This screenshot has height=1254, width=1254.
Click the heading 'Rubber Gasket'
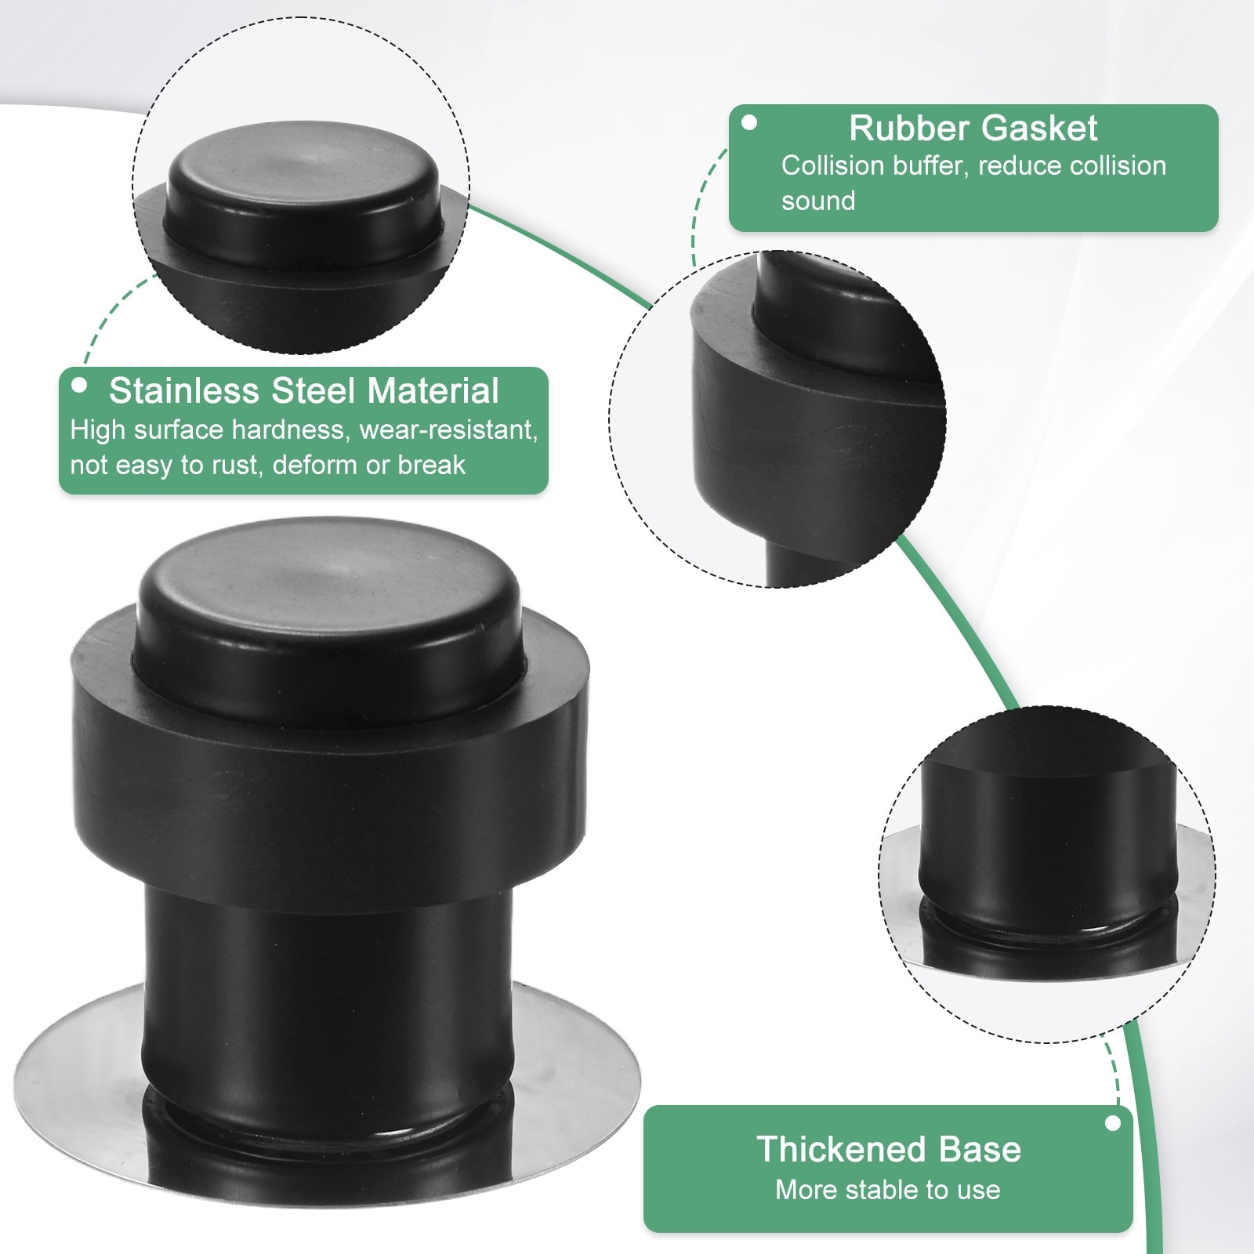coord(973,129)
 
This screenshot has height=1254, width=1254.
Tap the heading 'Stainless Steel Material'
coord(304,390)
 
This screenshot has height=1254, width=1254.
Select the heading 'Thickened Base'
coord(889,1149)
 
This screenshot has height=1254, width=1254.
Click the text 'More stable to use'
coord(888,1190)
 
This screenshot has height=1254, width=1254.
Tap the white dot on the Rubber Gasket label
coord(750,123)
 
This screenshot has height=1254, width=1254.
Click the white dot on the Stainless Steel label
coord(78,386)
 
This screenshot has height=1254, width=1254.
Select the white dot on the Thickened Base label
coord(1112,1124)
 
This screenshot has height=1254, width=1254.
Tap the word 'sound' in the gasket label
coord(818,201)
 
